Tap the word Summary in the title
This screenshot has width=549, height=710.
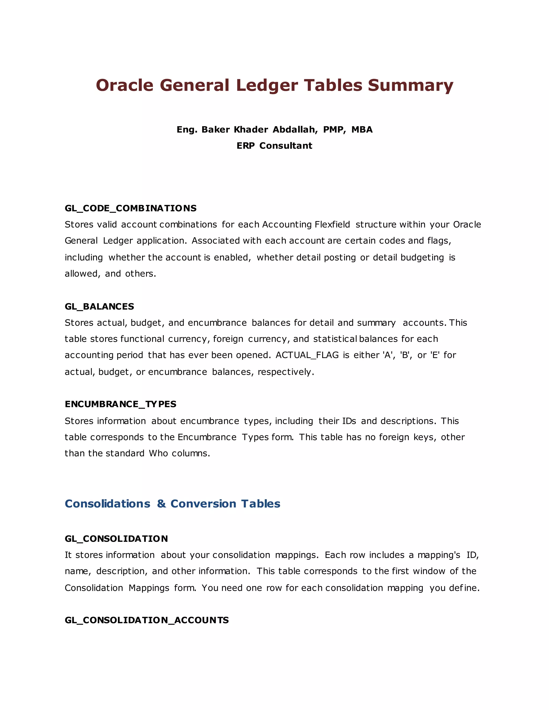(x=410, y=85)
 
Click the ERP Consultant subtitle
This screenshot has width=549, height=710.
(x=274, y=146)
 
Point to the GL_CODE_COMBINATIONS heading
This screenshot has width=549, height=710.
(x=131, y=208)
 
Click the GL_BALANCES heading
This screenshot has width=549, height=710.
(x=99, y=306)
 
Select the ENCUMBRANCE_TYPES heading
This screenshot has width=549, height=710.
(x=120, y=404)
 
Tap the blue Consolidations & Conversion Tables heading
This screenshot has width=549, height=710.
(x=172, y=504)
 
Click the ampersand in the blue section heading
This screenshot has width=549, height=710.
(x=161, y=504)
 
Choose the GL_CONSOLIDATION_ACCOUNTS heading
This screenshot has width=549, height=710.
(x=147, y=620)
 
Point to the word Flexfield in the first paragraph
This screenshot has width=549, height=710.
(x=332, y=225)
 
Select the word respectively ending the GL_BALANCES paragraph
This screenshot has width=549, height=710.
(x=285, y=372)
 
